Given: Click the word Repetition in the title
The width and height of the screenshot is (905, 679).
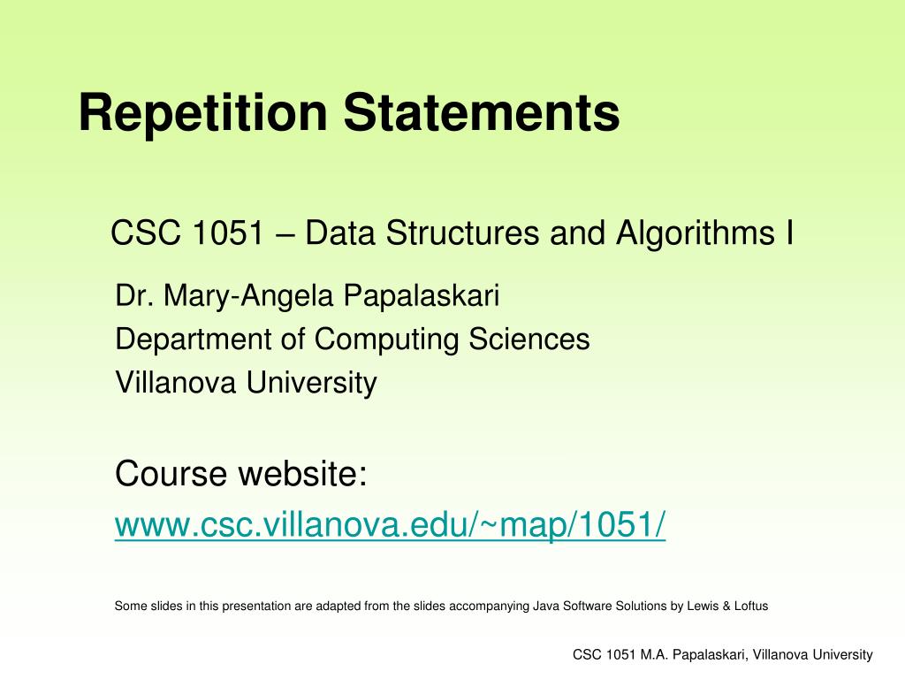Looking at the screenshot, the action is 203,114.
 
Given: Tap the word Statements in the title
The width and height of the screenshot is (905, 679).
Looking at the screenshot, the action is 482,112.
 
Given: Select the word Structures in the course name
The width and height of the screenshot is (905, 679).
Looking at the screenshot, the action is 462,233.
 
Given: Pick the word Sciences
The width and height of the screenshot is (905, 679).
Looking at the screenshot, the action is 529,339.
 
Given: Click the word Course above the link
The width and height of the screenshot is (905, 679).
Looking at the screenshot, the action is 171,474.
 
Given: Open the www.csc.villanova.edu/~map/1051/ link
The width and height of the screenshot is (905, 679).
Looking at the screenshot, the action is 390,525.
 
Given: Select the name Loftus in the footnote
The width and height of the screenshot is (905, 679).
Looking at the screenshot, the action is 751,607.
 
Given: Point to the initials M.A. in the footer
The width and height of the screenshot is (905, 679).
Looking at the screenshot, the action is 654,655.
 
